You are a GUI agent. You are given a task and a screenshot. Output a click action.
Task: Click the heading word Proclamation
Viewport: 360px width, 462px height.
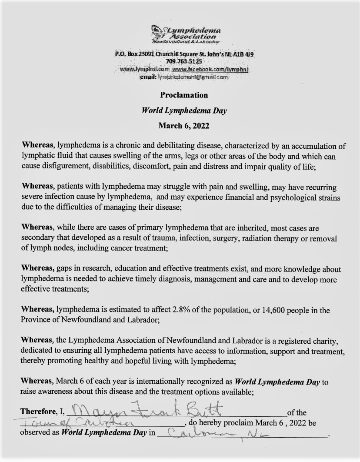click(184, 95)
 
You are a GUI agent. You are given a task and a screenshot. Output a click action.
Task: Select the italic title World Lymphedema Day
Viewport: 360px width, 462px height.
click(184, 110)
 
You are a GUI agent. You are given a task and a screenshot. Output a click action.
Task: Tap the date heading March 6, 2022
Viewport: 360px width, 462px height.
click(184, 126)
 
